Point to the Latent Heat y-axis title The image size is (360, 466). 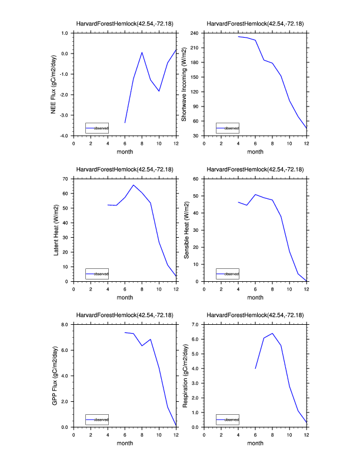(x=56, y=230)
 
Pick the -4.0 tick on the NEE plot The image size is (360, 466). (x=63, y=136)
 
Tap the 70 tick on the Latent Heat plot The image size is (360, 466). (x=65, y=178)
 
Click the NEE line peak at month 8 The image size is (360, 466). (x=142, y=52)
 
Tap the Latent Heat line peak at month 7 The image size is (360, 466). (x=134, y=185)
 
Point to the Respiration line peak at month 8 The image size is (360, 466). (x=272, y=334)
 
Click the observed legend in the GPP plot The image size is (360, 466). (x=96, y=420)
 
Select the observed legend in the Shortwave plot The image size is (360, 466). (x=227, y=128)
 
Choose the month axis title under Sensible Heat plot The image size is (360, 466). (x=255, y=297)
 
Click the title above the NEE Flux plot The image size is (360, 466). (x=125, y=24)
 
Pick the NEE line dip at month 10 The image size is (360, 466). (x=159, y=91)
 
